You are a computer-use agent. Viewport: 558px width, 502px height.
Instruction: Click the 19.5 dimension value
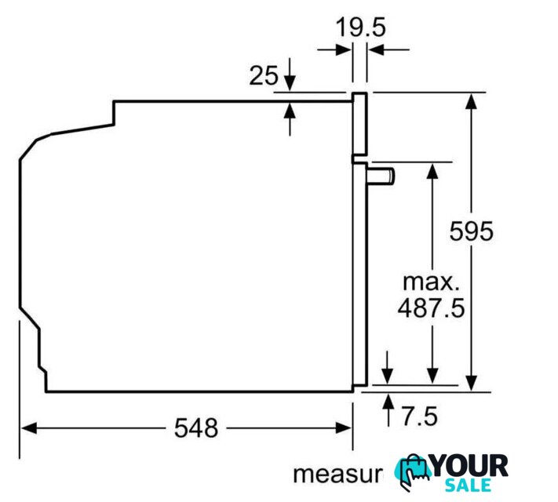[x=360, y=27]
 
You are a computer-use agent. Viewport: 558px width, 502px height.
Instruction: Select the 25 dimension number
[x=264, y=76]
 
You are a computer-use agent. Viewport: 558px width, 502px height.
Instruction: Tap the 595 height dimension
[x=471, y=231]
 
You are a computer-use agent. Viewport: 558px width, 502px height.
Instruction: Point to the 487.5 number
[x=432, y=307]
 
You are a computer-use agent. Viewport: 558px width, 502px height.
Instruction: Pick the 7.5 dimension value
[x=420, y=417]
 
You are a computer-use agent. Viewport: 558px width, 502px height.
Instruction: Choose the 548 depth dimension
[x=196, y=428]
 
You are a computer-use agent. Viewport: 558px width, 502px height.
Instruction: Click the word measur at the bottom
[x=337, y=475]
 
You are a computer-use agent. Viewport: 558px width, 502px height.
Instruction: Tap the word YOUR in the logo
[x=469, y=467]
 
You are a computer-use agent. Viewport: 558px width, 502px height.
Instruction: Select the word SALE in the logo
[x=468, y=486]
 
